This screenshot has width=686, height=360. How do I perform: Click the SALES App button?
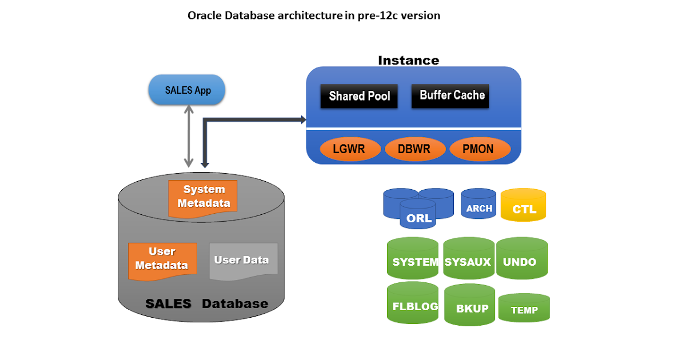coord(187,90)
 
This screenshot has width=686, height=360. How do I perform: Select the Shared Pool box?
coord(359,96)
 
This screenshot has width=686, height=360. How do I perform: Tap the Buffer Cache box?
coord(450,96)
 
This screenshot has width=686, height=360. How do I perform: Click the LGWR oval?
coord(350,149)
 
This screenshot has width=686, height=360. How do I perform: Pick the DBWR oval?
coord(415,149)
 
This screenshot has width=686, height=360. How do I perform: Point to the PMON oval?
coord(480,149)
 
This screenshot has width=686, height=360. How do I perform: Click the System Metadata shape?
coord(203,198)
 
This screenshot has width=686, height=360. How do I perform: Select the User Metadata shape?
coord(162,261)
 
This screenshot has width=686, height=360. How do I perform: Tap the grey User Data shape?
coord(244,261)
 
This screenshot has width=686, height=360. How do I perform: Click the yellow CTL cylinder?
coord(524,205)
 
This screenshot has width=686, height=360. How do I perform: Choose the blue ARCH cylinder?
coord(478,203)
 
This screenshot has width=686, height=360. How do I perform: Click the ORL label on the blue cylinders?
coord(418,218)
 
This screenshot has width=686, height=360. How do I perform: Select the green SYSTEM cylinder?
coord(413,258)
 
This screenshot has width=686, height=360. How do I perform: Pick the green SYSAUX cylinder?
coord(469,258)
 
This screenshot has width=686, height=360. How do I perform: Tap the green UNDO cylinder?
coord(522,258)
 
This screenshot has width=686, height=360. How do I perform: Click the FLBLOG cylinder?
coord(413,303)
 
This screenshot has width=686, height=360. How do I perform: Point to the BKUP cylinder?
coord(469,305)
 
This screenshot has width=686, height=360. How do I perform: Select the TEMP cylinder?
coord(524,307)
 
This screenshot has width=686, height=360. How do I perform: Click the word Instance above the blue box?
coord(409,61)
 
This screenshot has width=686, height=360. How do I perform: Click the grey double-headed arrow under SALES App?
coord(189,136)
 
